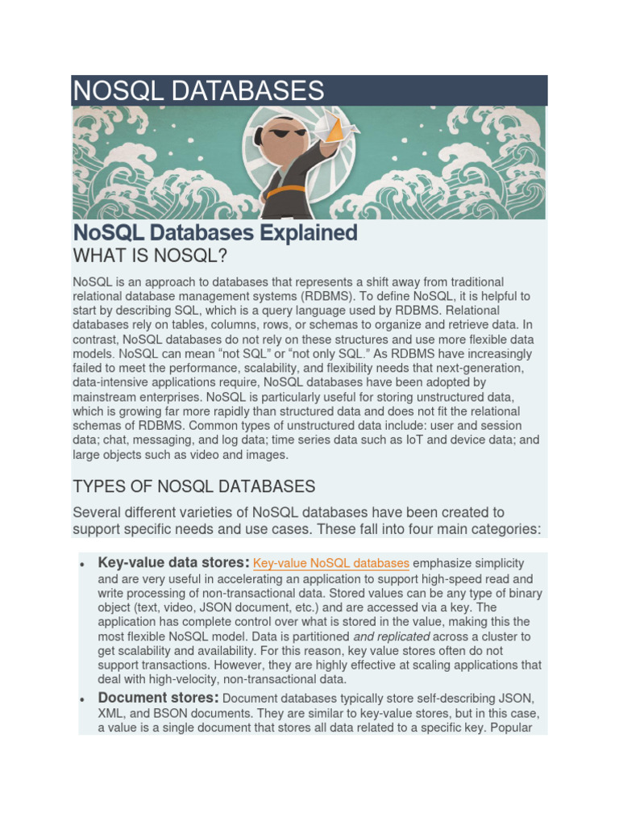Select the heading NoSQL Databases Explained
(215, 233)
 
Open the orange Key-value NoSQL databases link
(331, 563)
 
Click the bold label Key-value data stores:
(173, 562)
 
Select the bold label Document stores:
(158, 697)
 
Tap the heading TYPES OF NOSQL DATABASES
(193, 486)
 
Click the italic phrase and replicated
(392, 636)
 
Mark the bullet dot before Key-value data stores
(83, 564)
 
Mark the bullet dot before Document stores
(83, 699)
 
